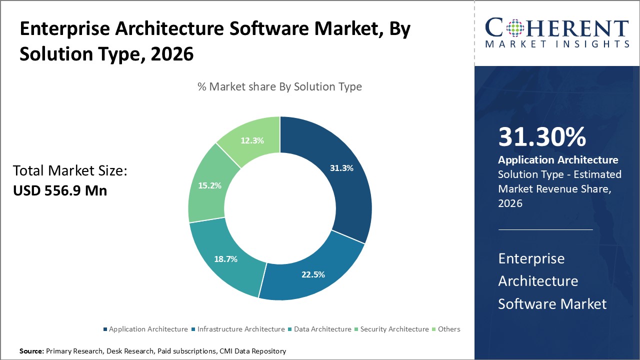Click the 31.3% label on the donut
pyautogui.click(x=341, y=168)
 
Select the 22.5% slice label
pyautogui.click(x=313, y=274)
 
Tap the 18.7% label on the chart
pyautogui.click(x=225, y=259)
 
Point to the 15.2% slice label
pyautogui.click(x=209, y=185)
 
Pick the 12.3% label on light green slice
pyautogui.click(x=251, y=140)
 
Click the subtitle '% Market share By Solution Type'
pyautogui.click(x=279, y=86)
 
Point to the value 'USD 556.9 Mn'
pyautogui.click(x=59, y=190)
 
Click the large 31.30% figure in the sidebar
pyautogui.click(x=542, y=137)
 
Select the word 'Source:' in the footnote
pyautogui.click(x=31, y=351)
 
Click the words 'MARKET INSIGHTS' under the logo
pyautogui.click(x=557, y=44)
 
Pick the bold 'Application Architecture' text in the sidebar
pyautogui.click(x=558, y=160)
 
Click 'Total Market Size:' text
pyautogui.click(x=70, y=171)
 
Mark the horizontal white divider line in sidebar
pyautogui.click(x=545, y=229)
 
